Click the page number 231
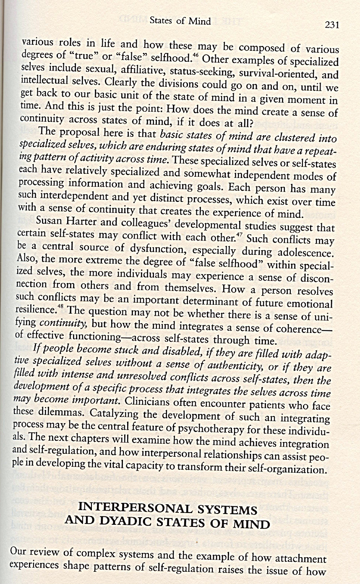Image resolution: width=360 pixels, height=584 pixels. coord(331,25)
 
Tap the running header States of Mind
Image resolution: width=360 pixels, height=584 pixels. coord(180,21)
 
